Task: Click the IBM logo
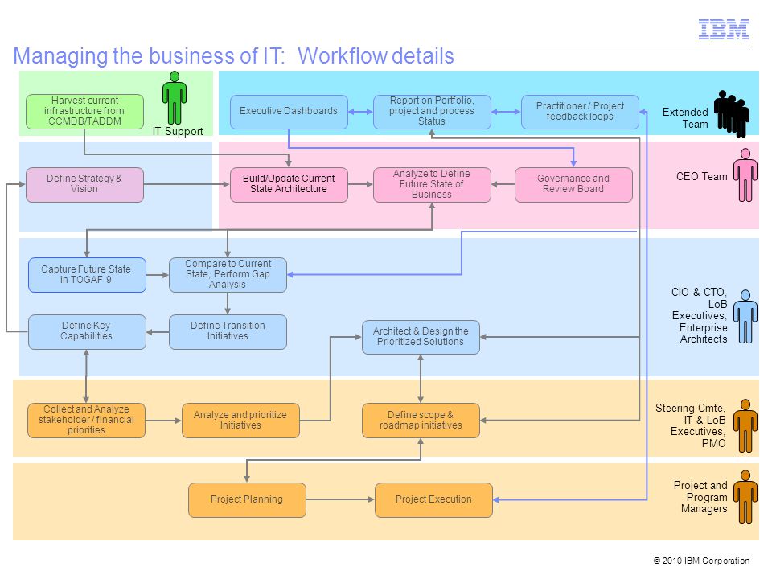point(723,29)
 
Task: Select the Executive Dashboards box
point(289,112)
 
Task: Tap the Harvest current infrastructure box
point(84,112)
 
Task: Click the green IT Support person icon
point(175,97)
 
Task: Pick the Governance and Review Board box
point(573,185)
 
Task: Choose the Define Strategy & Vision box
point(84,185)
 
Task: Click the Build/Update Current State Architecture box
point(289,185)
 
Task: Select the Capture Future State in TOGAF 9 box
point(87,275)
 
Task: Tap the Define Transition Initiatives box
point(228,332)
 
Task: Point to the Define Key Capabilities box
point(87,332)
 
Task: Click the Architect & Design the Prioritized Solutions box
point(421,337)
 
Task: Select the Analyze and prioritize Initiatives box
point(240,421)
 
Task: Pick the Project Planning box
point(247,499)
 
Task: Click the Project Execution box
point(433,499)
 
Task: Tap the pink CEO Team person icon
point(745,175)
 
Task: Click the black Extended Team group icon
point(732,113)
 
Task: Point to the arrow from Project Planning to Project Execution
point(340,499)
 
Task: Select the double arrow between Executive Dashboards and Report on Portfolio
point(361,112)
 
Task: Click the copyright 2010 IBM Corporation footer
point(701,561)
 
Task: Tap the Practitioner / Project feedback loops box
point(580,112)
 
